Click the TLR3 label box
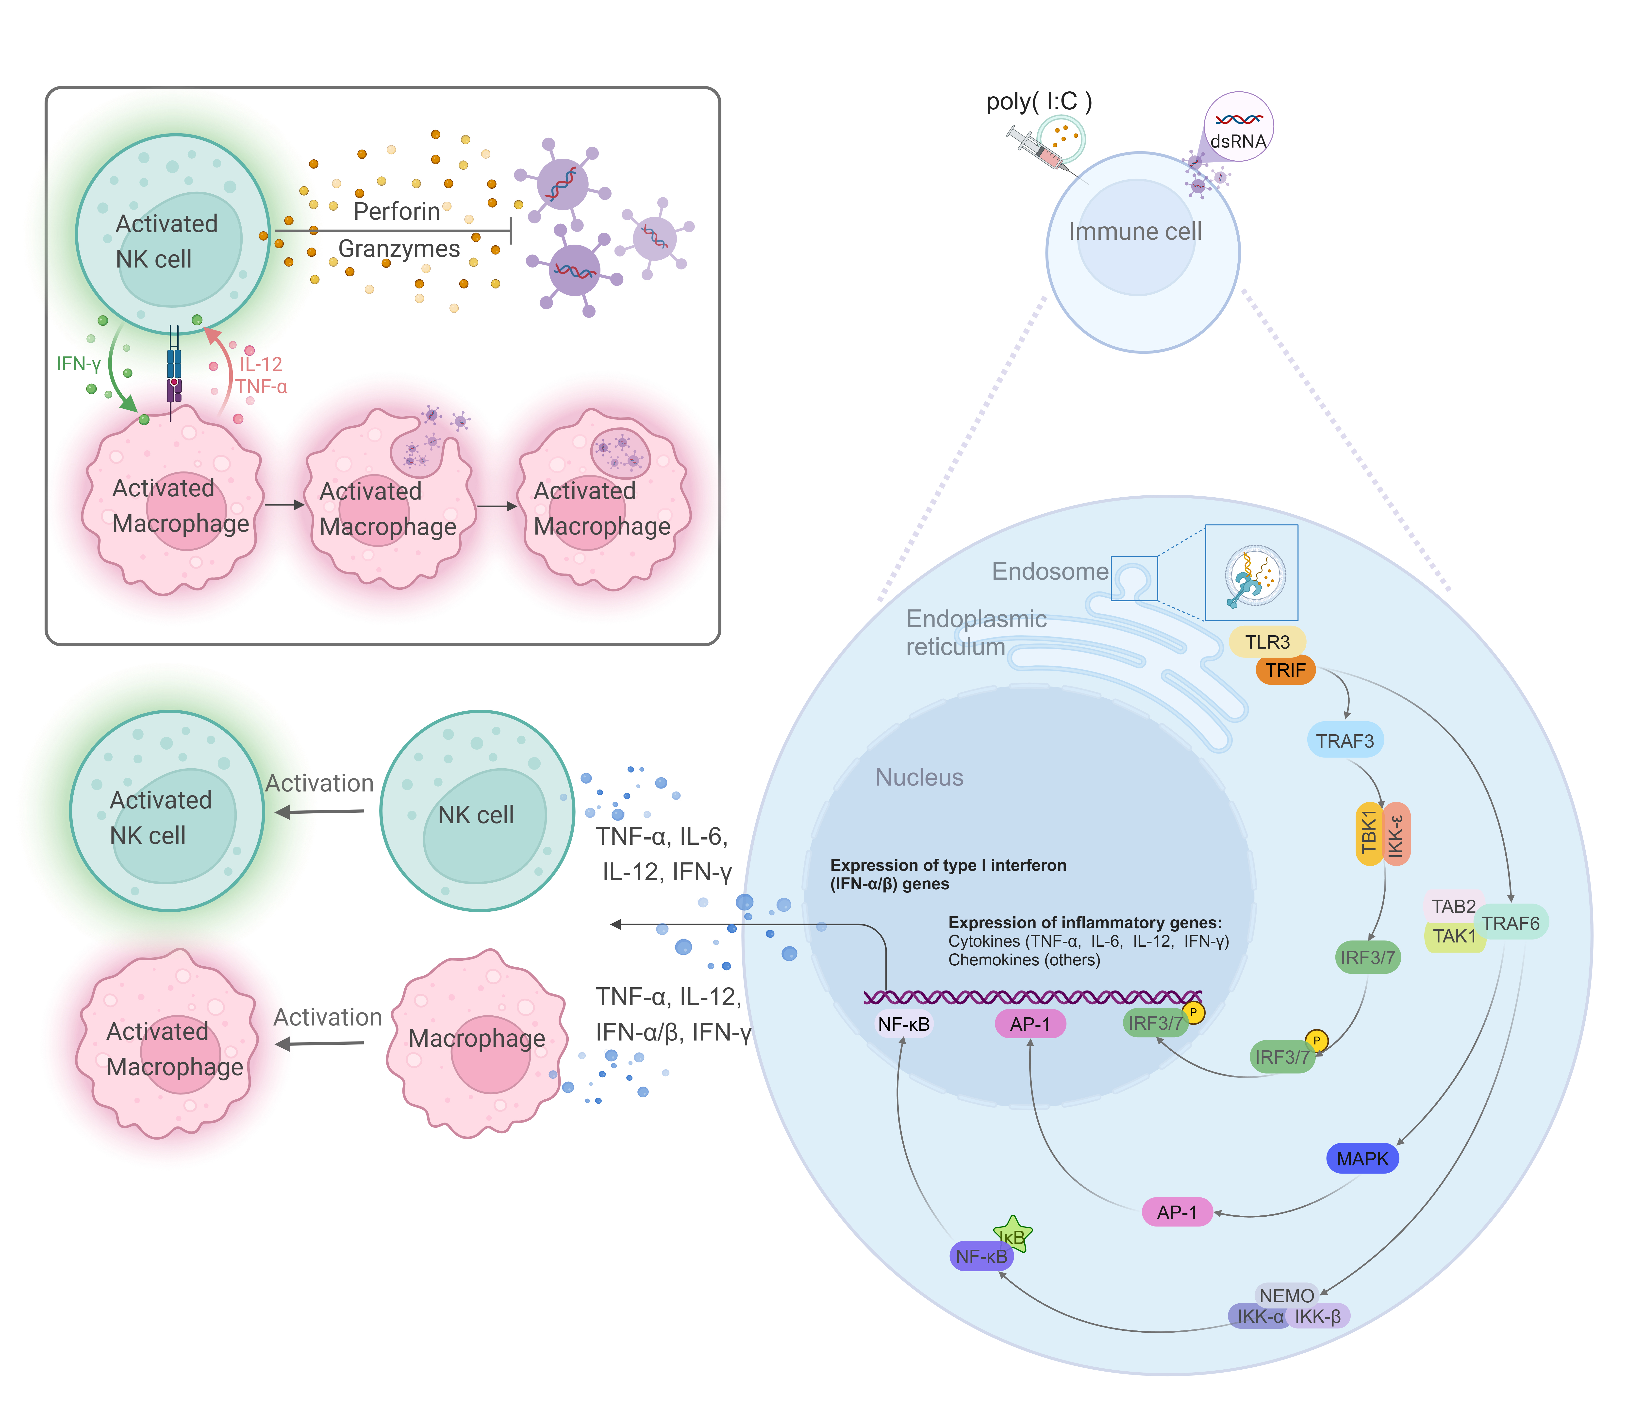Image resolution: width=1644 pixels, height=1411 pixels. [x=1267, y=642]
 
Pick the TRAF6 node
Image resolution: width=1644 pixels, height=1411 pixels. [x=1511, y=923]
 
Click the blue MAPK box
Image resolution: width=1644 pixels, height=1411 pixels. [x=1362, y=1159]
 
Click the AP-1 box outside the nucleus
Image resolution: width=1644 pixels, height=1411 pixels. [x=1177, y=1212]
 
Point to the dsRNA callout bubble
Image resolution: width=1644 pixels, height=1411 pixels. [x=1239, y=127]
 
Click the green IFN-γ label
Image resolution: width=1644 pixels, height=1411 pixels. [x=78, y=364]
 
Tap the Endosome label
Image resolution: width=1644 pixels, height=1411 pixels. [x=1050, y=571]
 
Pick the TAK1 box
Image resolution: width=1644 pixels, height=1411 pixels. [x=1454, y=936]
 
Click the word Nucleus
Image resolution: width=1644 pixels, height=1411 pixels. [x=919, y=777]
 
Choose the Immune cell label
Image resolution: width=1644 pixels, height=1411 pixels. [x=1135, y=232]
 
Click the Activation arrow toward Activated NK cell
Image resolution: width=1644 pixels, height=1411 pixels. [x=319, y=811]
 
